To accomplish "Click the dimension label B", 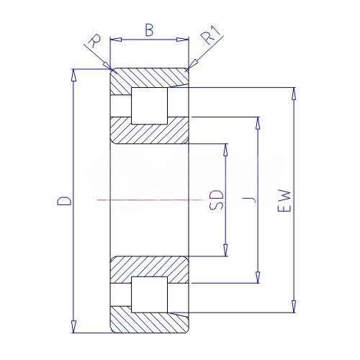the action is point(149,30).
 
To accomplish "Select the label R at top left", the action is point(94,41).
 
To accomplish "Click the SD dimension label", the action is point(216,200).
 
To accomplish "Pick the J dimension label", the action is point(249,199).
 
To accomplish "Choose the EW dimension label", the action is point(284,201).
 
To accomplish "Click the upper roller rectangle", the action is point(149,106).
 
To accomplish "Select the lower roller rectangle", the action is point(149,294).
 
